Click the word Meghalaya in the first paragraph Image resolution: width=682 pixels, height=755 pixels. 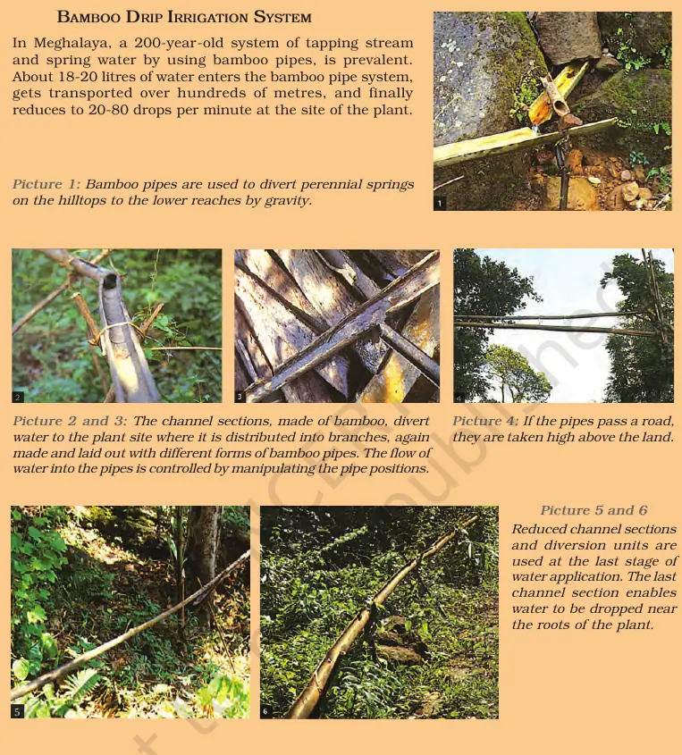tap(66, 43)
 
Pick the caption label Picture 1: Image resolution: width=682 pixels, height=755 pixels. tap(46, 185)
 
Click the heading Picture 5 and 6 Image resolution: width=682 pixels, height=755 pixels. tap(594, 510)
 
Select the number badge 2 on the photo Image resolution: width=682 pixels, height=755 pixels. tap(18, 396)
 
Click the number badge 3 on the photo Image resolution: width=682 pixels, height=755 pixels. tap(240, 396)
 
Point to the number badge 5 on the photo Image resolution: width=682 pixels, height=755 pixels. tap(17, 711)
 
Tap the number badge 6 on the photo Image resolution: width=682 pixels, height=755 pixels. tap(265, 711)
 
